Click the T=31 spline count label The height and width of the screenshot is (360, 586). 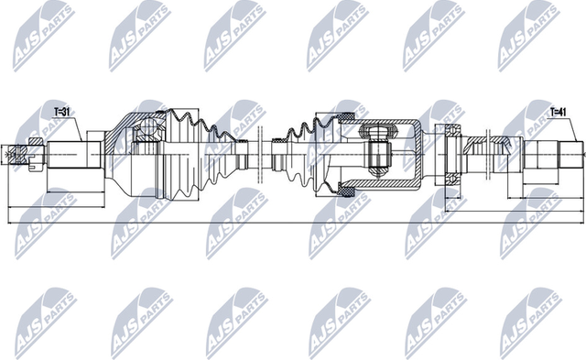pos(62,112)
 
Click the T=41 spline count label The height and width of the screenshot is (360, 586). pos(559,112)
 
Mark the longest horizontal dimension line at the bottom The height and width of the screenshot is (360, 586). pos(293,221)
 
